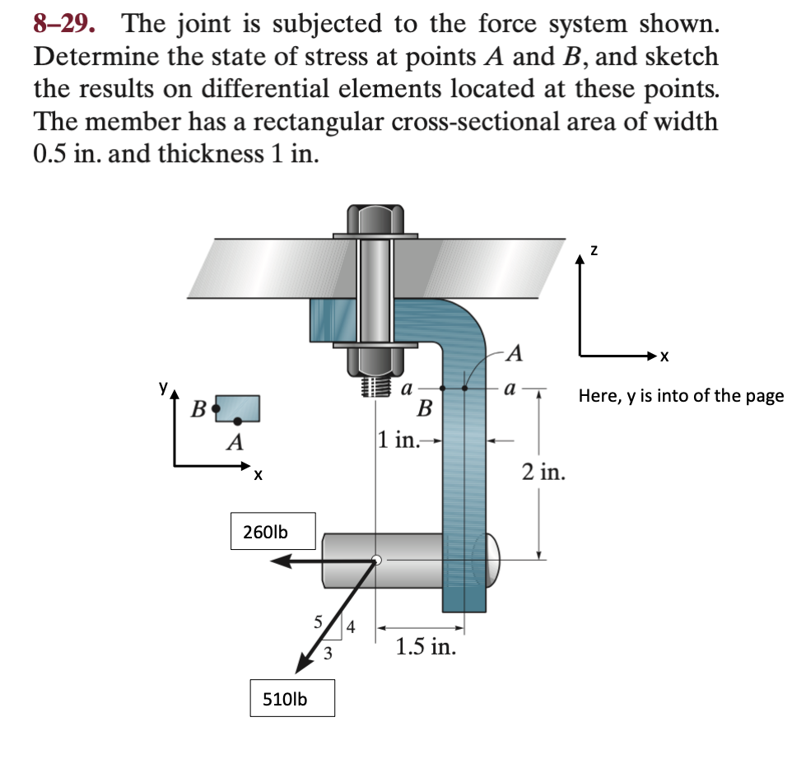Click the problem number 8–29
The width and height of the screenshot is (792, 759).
(x=72, y=24)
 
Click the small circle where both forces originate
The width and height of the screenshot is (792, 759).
(x=376, y=560)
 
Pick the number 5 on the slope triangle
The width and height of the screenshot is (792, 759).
(x=316, y=622)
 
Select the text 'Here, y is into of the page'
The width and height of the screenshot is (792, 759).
(x=681, y=397)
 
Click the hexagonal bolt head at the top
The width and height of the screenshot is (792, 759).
(x=375, y=220)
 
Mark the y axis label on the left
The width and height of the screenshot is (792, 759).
(x=164, y=385)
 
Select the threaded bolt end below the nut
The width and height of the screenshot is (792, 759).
(x=375, y=386)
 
